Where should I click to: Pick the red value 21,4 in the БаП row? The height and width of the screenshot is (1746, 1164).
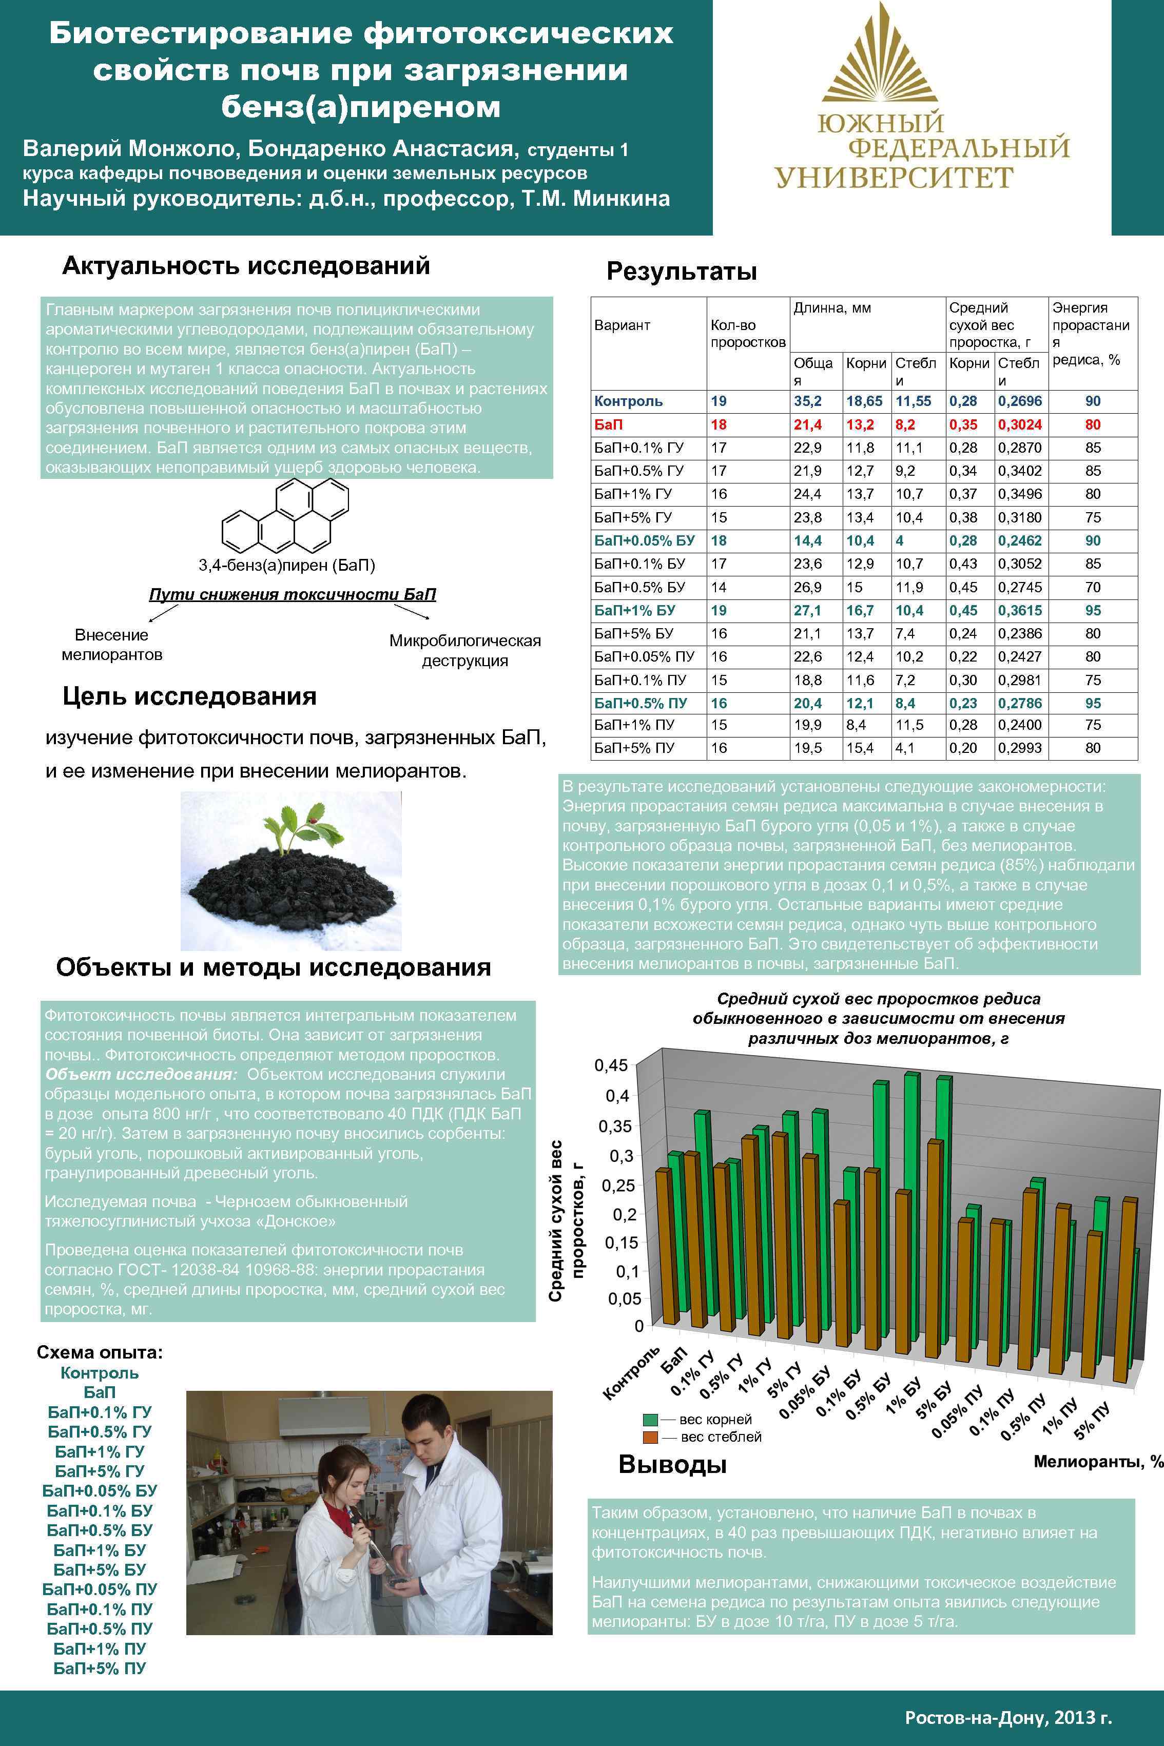pyautogui.click(x=808, y=424)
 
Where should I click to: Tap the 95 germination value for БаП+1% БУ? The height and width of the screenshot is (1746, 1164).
pyautogui.click(x=1092, y=610)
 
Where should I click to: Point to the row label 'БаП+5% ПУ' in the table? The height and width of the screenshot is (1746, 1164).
pyautogui.click(x=634, y=748)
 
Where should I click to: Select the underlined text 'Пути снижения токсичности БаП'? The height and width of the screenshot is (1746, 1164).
pyautogui.click(x=293, y=595)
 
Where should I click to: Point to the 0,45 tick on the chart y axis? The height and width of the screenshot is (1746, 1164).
pyautogui.click(x=610, y=1065)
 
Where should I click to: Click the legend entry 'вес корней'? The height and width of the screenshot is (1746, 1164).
pyautogui.click(x=714, y=1420)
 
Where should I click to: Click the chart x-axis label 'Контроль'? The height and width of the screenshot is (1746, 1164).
pyautogui.click(x=630, y=1373)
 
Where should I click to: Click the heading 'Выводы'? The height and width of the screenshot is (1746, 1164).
pyautogui.click(x=672, y=1465)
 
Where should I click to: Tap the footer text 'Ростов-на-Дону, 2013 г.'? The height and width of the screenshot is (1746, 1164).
pyautogui.click(x=1008, y=1717)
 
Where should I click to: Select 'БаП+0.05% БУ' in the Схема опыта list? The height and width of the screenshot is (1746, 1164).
pyautogui.click(x=100, y=1490)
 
